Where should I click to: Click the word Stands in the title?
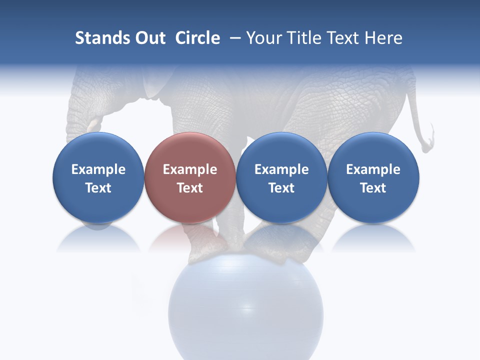pos(98,38)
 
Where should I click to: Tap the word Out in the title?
pos(149,38)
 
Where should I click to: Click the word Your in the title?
pos(264,38)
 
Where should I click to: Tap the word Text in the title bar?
pos(344,38)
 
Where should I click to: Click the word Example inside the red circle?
pos(190,169)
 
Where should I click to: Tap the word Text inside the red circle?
pos(190,188)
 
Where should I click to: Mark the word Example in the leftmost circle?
pos(98,169)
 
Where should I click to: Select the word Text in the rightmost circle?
pos(373,188)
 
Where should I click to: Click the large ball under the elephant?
pos(246,310)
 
